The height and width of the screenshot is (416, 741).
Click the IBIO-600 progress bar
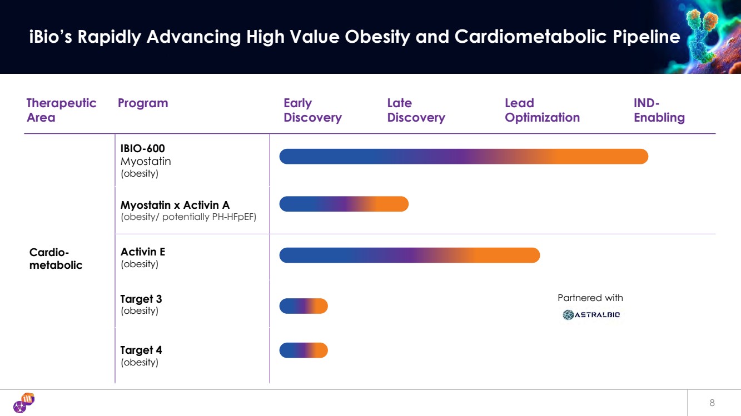tap(464, 157)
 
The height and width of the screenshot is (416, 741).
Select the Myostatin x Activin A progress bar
tap(344, 204)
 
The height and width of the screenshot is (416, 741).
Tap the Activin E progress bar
tap(409, 255)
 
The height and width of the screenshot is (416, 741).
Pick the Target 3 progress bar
tap(304, 306)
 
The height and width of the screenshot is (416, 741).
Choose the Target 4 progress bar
tap(304, 350)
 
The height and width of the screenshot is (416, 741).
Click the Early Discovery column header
tap(312, 110)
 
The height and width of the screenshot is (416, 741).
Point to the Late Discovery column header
tap(416, 110)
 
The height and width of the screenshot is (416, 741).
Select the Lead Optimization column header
tap(542, 110)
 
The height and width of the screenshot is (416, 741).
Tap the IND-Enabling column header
tap(659, 110)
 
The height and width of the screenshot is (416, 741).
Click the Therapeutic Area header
tap(61, 110)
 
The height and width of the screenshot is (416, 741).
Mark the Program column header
tap(143, 103)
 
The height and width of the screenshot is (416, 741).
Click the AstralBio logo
tap(591, 315)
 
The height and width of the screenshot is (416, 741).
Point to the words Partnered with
tap(590, 298)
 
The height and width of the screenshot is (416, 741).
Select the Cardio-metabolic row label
tap(56, 259)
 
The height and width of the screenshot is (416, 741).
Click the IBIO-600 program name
tap(143, 148)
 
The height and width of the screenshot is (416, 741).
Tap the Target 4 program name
tap(141, 350)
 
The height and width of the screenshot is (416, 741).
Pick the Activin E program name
tap(143, 252)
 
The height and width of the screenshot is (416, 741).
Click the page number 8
tap(712, 403)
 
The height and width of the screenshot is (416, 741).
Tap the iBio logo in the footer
tap(24, 403)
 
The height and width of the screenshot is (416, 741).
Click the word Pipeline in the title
tap(646, 37)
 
